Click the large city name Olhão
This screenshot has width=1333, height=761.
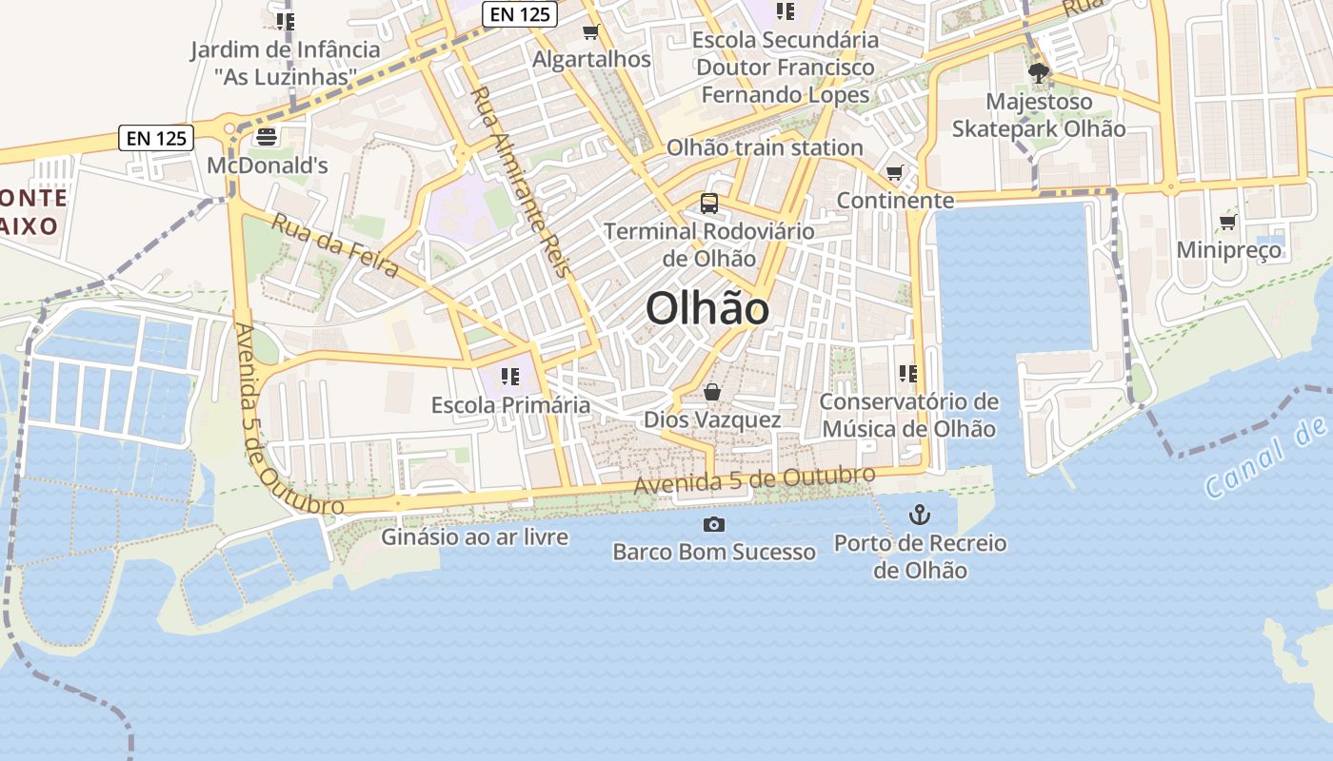(x=707, y=309)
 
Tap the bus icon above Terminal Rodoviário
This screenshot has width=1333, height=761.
(x=709, y=203)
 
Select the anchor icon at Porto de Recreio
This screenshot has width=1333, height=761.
(x=919, y=516)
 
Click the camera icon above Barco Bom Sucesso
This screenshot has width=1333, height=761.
(x=713, y=524)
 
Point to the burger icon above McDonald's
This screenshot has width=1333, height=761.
(x=266, y=138)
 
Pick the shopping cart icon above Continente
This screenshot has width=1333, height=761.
(x=894, y=173)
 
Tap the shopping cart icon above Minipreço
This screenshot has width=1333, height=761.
(x=1228, y=223)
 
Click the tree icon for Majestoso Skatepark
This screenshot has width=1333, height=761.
(x=1038, y=73)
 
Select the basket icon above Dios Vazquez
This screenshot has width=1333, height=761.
(x=711, y=392)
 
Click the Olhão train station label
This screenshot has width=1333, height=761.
(x=765, y=147)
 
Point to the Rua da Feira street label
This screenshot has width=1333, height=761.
(x=335, y=245)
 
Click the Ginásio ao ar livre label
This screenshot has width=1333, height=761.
(x=475, y=537)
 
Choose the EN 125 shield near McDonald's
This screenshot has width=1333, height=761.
(x=157, y=138)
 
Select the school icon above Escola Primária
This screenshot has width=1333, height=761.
(x=510, y=377)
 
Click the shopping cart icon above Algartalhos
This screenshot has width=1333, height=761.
(x=590, y=32)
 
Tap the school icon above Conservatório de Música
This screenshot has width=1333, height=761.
(x=907, y=374)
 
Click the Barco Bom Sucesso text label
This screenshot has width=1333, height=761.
(x=714, y=552)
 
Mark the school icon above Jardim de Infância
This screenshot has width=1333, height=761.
(x=285, y=21)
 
